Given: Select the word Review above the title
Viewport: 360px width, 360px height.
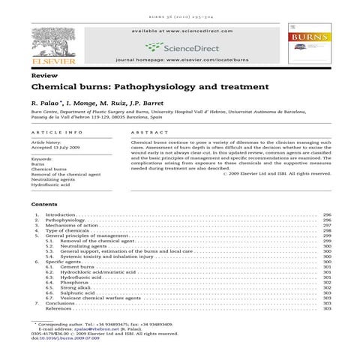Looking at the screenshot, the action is [41, 77].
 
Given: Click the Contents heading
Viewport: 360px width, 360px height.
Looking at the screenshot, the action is [44, 203].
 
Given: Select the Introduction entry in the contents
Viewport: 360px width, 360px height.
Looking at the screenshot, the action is [61, 214].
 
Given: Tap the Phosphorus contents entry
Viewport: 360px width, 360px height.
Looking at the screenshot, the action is [76, 282].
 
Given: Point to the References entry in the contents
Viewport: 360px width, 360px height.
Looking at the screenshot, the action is [59, 308].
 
